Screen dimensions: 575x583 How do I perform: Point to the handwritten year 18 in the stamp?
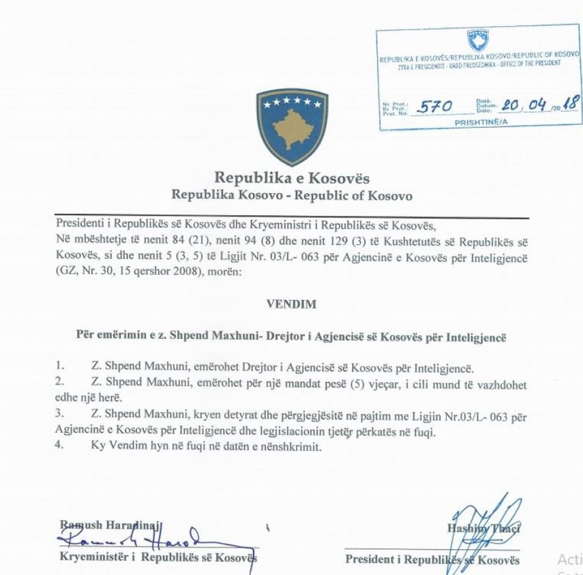pyautogui.click(x=571, y=104)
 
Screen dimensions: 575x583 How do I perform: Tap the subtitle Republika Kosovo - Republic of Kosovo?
pyautogui.click(x=291, y=196)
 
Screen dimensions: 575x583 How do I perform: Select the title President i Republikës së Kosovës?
pyautogui.click(x=432, y=560)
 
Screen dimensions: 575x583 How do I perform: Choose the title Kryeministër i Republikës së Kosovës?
pyautogui.click(x=158, y=558)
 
